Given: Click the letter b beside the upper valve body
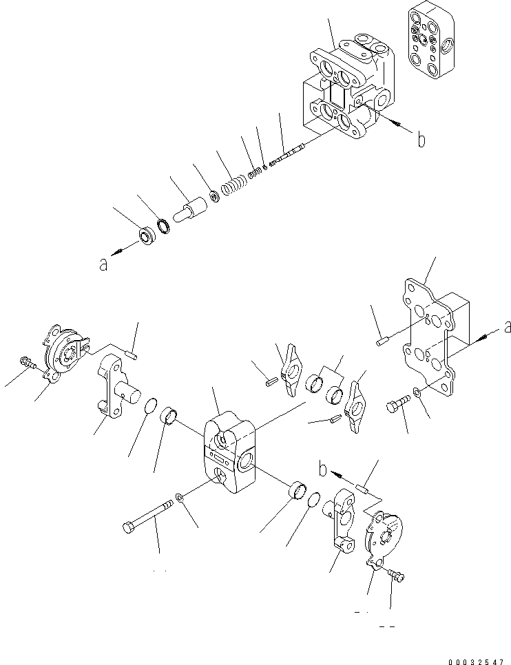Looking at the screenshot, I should pyautogui.click(x=421, y=140).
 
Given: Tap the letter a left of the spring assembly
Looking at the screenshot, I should pyautogui.click(x=103, y=264).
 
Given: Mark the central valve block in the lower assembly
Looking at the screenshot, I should pyautogui.click(x=229, y=452).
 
